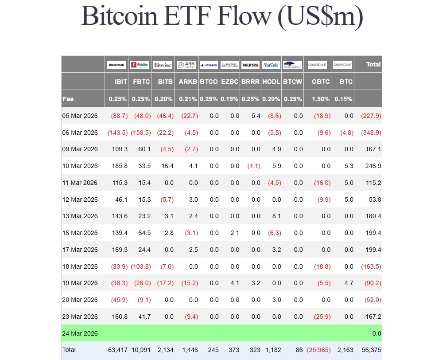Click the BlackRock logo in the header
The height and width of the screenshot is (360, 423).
click(116, 65)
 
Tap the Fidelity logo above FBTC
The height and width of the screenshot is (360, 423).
click(140, 65)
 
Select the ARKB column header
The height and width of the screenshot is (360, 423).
click(188, 82)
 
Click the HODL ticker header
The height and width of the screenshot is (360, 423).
click(271, 82)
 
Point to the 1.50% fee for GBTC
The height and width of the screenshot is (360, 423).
click(321, 99)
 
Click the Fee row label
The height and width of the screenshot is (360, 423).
click(68, 99)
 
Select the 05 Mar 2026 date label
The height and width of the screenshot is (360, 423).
click(80, 116)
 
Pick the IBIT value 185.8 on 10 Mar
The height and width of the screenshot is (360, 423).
click(120, 166)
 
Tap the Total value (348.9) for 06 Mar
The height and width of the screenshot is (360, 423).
click(371, 133)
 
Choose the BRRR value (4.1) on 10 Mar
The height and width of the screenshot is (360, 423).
click(254, 166)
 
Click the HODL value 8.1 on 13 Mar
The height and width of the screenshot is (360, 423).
click(276, 216)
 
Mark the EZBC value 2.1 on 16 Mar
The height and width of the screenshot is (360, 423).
click(235, 233)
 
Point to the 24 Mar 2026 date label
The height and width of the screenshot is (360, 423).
click(80, 333)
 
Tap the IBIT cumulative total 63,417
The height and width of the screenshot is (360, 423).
click(118, 350)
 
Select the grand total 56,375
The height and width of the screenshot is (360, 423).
click(371, 350)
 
